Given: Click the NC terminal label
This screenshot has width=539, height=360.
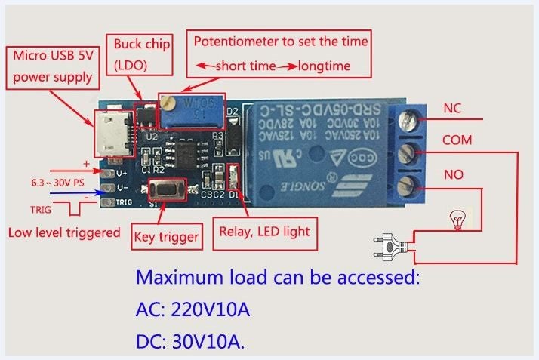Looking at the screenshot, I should point(452,108).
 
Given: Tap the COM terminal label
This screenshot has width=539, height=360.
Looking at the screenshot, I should point(457,140).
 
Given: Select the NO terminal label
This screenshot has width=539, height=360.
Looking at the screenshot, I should point(453,175).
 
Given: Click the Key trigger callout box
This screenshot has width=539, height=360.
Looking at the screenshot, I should point(167,237).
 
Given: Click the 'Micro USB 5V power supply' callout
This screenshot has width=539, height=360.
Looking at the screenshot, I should point(53,66).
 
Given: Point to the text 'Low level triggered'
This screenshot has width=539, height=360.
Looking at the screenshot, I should point(63,232).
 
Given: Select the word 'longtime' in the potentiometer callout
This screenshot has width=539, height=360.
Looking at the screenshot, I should point(324,66).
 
